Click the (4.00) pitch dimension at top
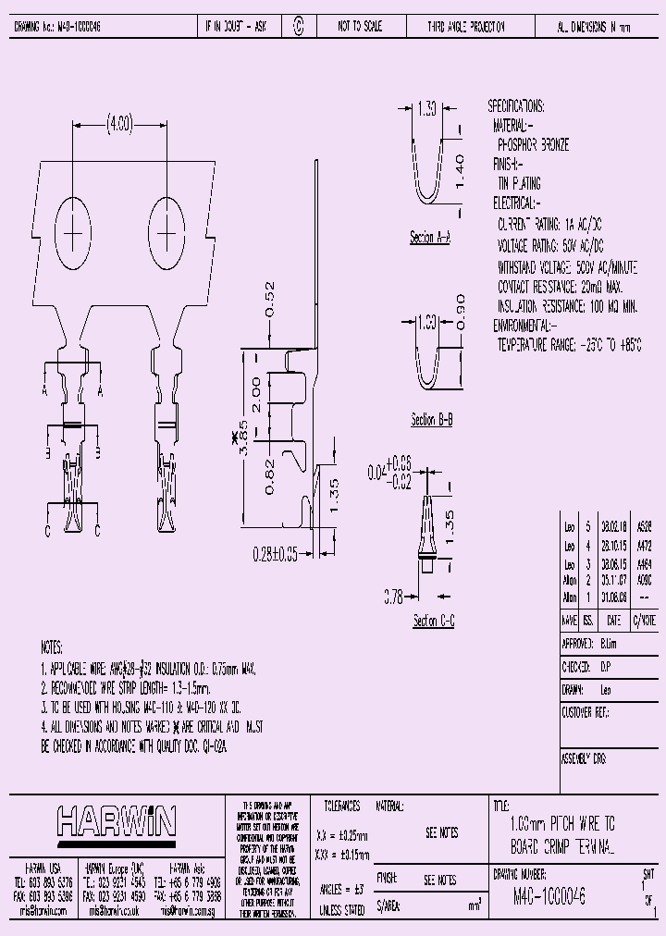tap(119, 122)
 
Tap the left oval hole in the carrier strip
tap(73, 233)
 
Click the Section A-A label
tap(429, 238)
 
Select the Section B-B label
tap(431, 421)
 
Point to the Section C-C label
tap(433, 621)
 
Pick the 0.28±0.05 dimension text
tap(276, 554)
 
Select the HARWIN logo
tap(117, 820)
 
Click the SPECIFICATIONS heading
tap(516, 106)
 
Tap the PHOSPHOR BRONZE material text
tap(533, 145)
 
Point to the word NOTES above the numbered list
tap(53, 648)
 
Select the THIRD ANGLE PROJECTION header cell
tap(465, 28)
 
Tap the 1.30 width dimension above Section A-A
tap(425, 109)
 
